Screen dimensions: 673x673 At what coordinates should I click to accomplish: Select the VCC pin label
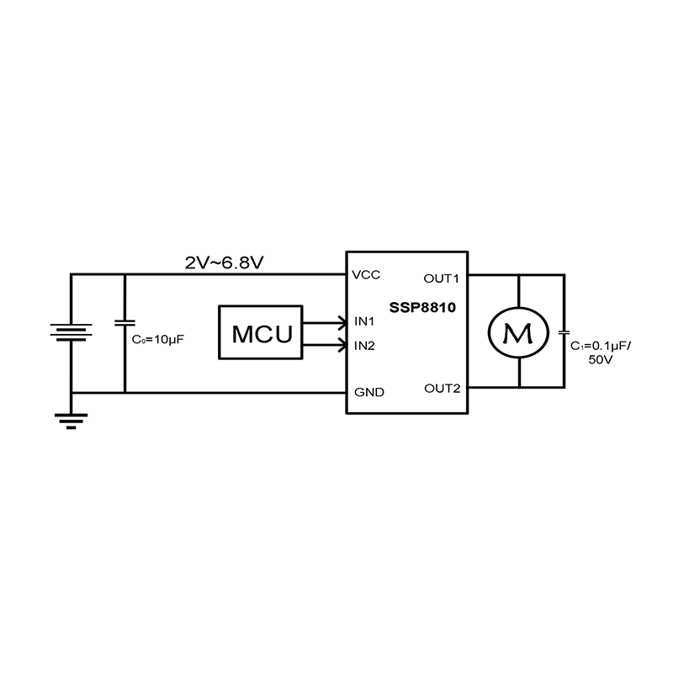367,275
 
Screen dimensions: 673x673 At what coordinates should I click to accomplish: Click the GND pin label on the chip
369,392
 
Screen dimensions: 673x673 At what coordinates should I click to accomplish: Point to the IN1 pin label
364,321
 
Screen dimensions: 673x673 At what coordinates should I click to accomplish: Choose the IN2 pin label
364,345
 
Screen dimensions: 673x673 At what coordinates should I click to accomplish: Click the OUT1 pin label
442,278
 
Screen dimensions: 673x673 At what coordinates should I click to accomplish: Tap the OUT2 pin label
442,388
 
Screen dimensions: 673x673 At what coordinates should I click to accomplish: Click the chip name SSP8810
422,308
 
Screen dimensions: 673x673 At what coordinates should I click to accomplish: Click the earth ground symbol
71,421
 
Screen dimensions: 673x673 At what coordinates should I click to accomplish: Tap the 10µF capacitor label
158,341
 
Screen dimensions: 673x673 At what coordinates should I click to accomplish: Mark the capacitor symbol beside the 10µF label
125,323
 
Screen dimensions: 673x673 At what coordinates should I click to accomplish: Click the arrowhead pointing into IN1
341,321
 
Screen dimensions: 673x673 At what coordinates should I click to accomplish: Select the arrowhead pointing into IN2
341,344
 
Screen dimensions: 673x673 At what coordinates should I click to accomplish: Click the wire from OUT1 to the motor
492,274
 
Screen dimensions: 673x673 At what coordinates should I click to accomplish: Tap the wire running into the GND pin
252,392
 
